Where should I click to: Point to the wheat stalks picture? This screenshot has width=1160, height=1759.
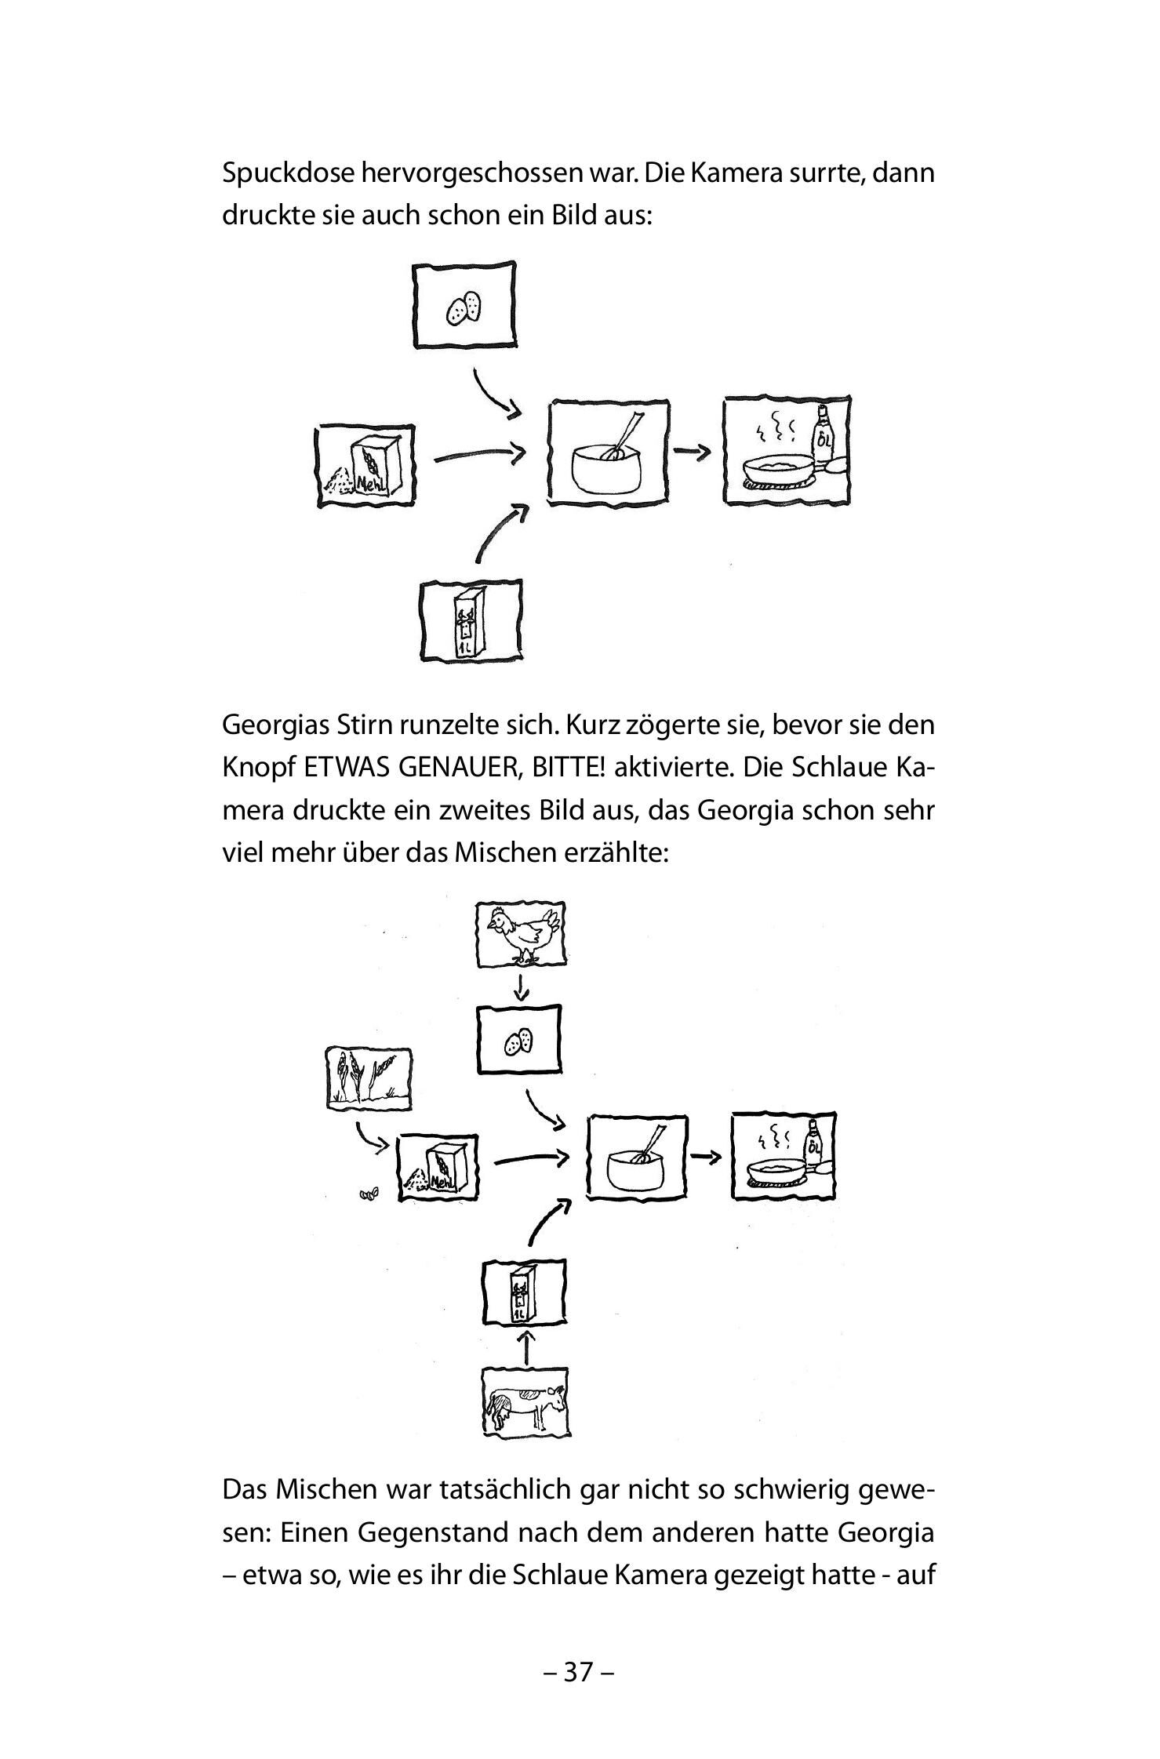(369, 1078)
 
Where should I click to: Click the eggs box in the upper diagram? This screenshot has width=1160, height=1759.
(464, 306)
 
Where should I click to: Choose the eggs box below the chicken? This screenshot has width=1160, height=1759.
(519, 1040)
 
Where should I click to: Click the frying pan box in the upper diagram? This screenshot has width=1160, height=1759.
(786, 451)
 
